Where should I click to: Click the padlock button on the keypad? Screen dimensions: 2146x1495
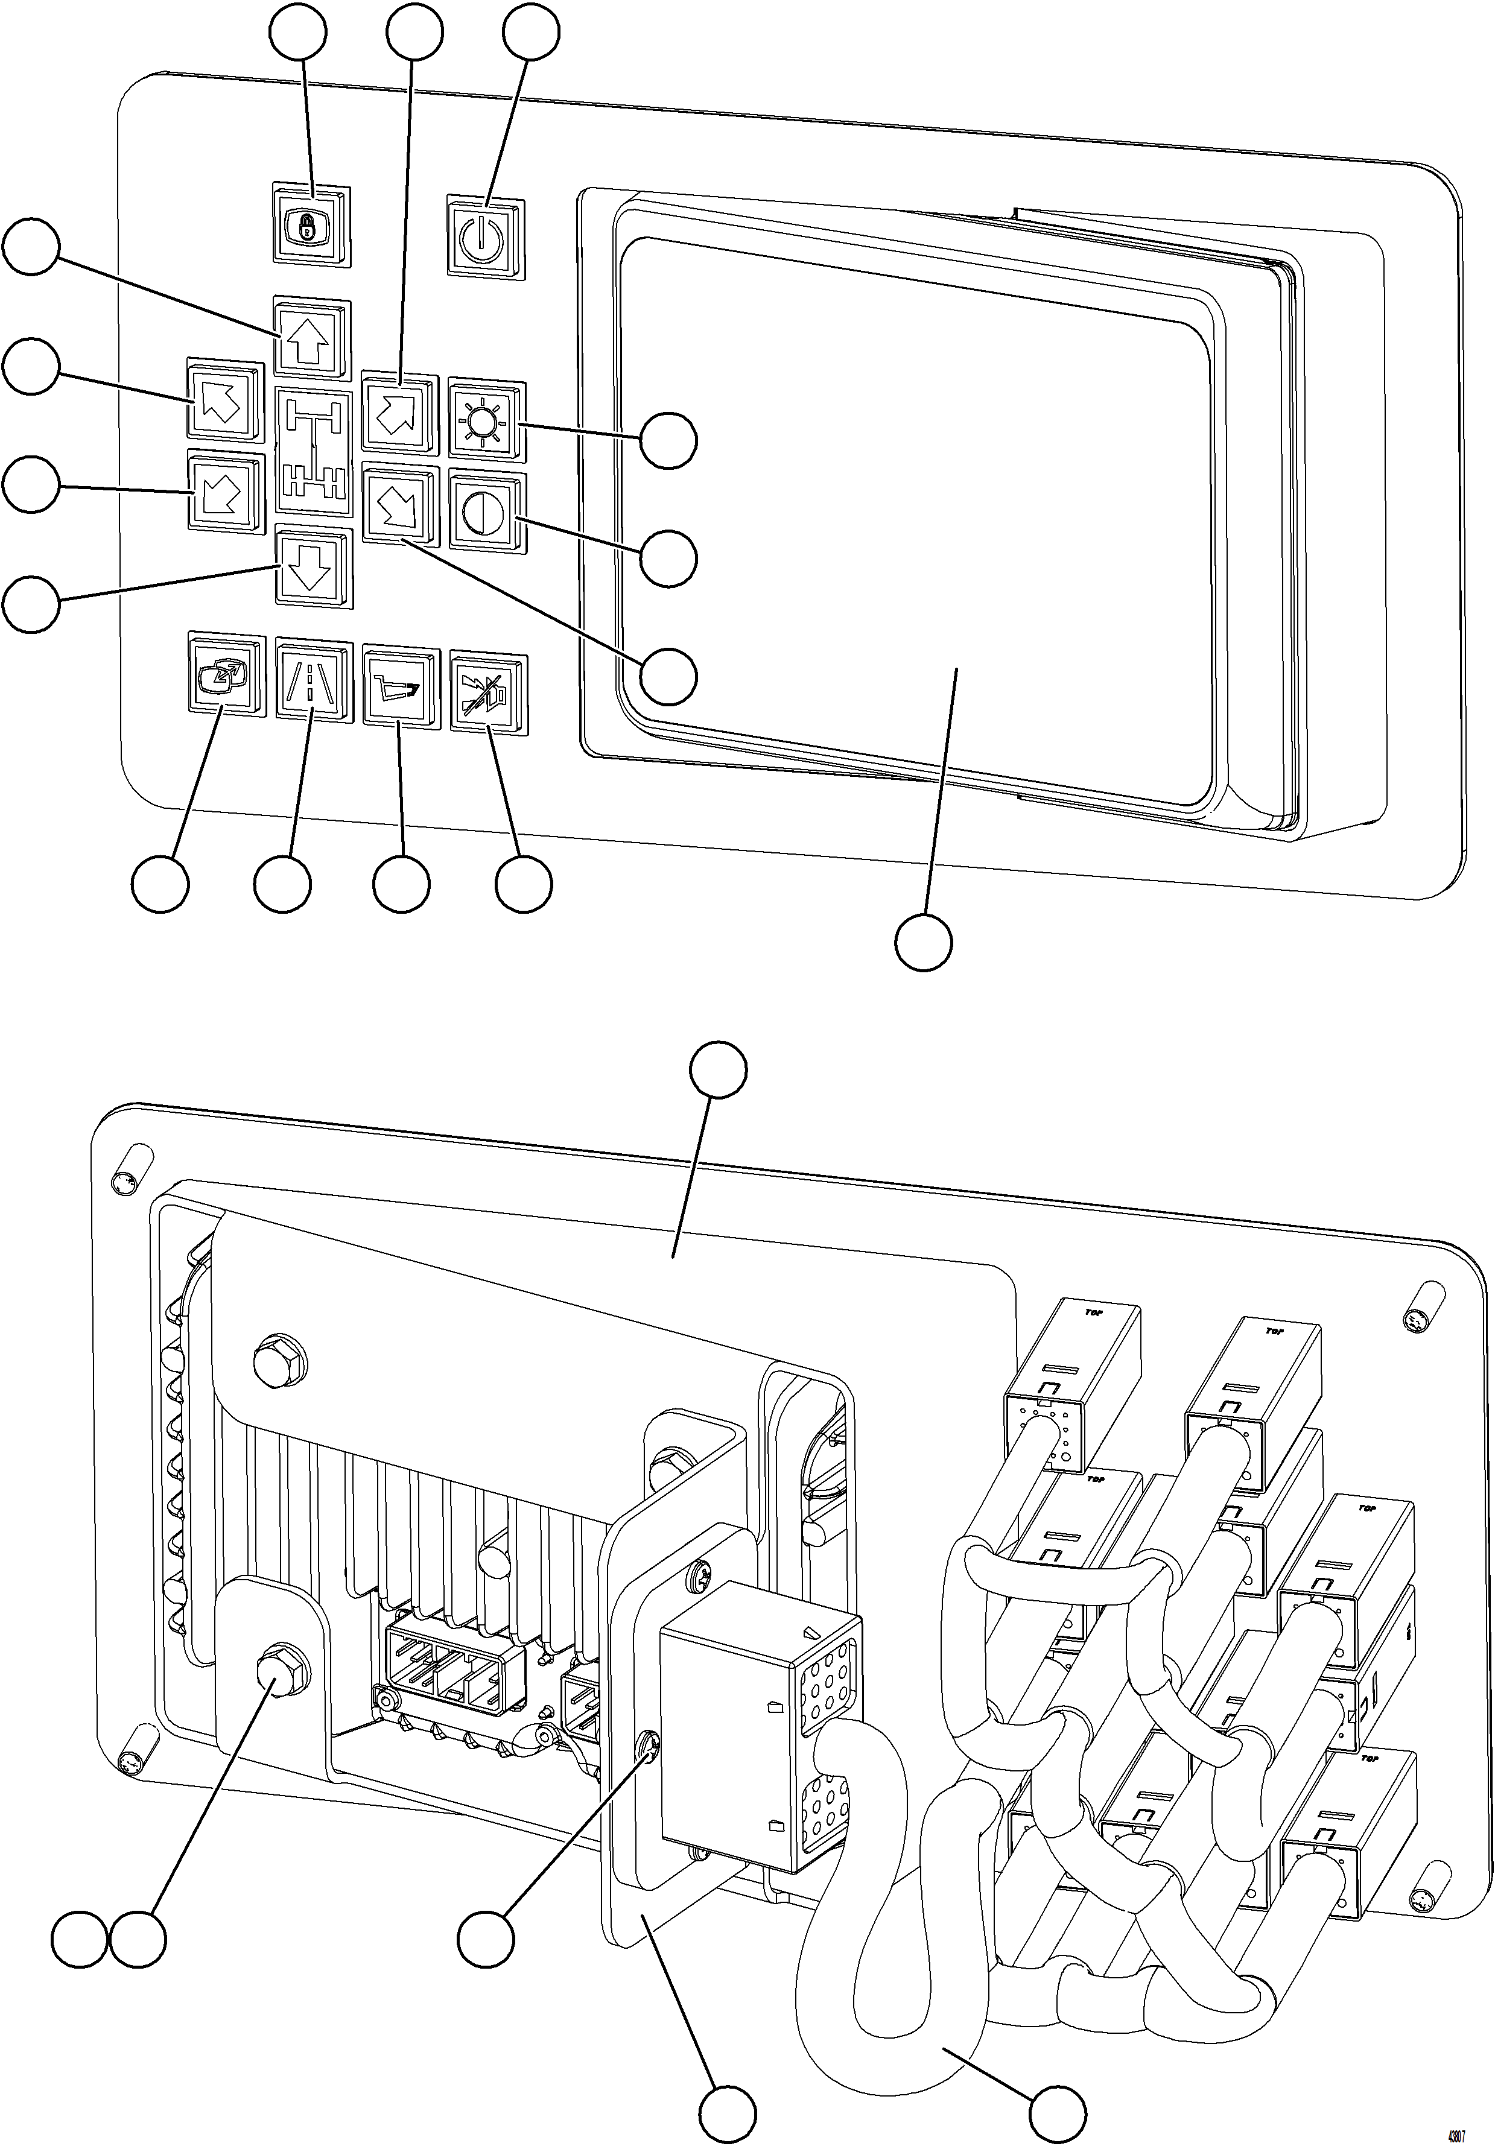[x=311, y=225]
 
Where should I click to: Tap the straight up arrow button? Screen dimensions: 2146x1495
[x=313, y=337]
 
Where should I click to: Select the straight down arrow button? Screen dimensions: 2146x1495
[x=313, y=568]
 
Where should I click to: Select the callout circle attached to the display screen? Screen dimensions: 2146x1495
[x=924, y=942]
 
